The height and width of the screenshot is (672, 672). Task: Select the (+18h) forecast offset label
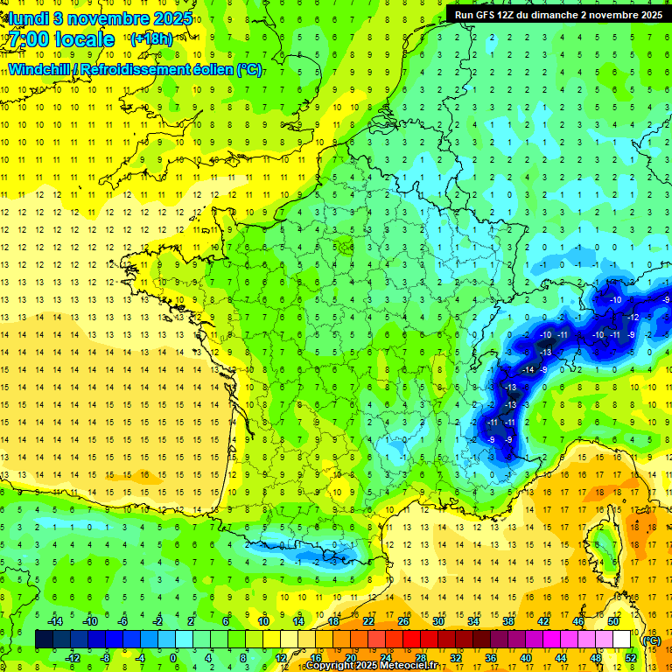[151, 39]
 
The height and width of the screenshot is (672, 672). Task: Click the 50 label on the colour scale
[612, 620]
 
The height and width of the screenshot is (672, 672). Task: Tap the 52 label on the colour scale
[631, 658]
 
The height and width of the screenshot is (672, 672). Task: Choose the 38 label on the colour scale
[507, 620]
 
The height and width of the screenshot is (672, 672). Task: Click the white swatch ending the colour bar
[621, 639]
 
